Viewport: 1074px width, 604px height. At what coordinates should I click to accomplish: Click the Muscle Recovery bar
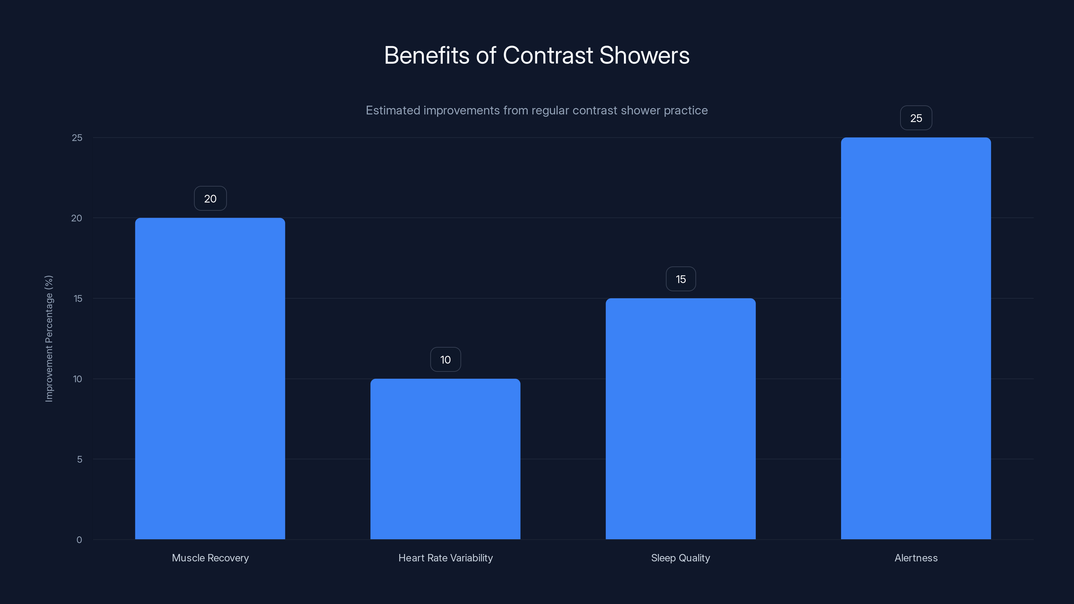pyautogui.click(x=210, y=379)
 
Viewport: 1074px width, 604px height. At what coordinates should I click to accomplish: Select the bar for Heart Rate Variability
pyautogui.click(x=445, y=459)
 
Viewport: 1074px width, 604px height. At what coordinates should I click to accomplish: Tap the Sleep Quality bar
pyautogui.click(x=680, y=418)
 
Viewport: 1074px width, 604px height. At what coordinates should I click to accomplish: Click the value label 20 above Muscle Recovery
pyautogui.click(x=210, y=198)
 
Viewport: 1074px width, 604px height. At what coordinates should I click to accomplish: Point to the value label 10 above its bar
pyautogui.click(x=445, y=359)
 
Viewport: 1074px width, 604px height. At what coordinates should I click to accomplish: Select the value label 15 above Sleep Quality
pyautogui.click(x=680, y=279)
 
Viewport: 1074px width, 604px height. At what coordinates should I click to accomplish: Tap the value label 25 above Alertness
pyautogui.click(x=916, y=118)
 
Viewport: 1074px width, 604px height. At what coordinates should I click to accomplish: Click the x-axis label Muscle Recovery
pyautogui.click(x=210, y=558)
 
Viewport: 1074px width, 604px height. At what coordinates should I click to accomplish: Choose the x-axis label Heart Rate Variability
pyautogui.click(x=445, y=558)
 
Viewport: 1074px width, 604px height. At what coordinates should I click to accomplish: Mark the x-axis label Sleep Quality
pyautogui.click(x=680, y=558)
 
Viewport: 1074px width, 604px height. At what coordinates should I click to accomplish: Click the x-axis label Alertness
pyautogui.click(x=916, y=558)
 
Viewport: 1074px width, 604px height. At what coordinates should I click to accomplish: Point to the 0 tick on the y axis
pyautogui.click(x=79, y=540)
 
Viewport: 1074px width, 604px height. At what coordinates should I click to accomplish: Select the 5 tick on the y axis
pyautogui.click(x=79, y=459)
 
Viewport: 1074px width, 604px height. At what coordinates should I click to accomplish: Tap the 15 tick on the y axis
pyautogui.click(x=78, y=298)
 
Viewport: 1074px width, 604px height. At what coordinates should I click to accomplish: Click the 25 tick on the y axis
pyautogui.click(x=77, y=138)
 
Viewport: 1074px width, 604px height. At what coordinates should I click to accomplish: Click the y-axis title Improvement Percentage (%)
pyautogui.click(x=49, y=339)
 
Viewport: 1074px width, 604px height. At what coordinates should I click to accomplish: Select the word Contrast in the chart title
pyautogui.click(x=548, y=55)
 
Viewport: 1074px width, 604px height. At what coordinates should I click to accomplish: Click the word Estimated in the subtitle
pyautogui.click(x=392, y=110)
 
